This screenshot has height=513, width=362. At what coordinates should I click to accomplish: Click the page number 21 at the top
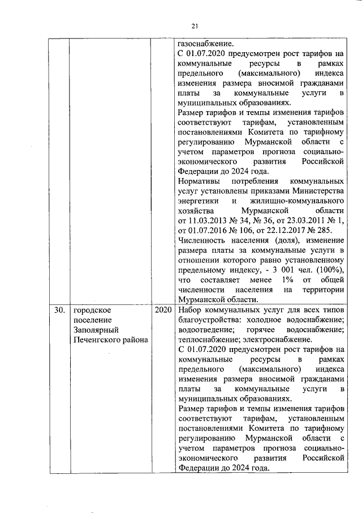point(195,26)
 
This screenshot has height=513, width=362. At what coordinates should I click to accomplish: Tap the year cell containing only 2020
point(162,310)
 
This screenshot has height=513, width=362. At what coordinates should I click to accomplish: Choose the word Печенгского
point(94,339)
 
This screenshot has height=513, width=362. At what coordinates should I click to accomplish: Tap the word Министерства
point(316,191)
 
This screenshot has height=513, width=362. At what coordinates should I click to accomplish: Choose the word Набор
point(189,310)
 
